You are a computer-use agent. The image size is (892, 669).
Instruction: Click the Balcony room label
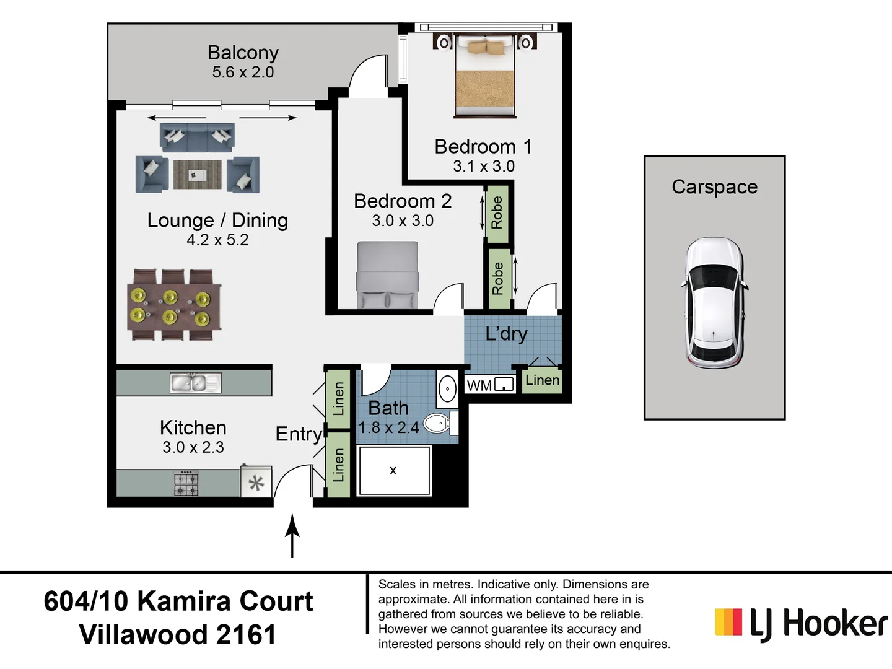pos(243,53)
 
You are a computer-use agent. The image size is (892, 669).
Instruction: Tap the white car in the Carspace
pos(714,303)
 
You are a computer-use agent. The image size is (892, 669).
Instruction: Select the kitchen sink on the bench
pos(196,383)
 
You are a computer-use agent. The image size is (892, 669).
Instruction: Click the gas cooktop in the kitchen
pos(186,483)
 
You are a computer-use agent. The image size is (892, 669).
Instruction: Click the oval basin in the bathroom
pos(447,389)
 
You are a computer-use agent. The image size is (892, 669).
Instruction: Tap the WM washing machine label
pos(479,385)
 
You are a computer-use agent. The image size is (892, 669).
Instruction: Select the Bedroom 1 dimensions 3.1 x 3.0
pos(484,166)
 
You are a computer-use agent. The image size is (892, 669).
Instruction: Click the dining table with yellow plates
pos(174,305)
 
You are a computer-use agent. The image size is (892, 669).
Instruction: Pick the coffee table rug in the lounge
pos(198,175)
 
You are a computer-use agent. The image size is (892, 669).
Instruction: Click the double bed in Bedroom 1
pos(484,76)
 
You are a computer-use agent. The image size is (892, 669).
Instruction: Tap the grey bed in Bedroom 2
pos(387,275)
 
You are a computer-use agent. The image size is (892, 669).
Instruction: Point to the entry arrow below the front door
pos(292,535)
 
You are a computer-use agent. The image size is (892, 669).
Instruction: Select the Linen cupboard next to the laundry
pos(542,380)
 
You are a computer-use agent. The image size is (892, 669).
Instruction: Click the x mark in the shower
pos(393,470)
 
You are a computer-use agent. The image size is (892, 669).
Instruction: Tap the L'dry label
pos(506,334)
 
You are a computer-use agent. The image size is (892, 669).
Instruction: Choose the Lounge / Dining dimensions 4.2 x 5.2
pos(217,240)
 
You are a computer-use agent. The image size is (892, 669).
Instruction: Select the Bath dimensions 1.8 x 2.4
pos(388,427)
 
